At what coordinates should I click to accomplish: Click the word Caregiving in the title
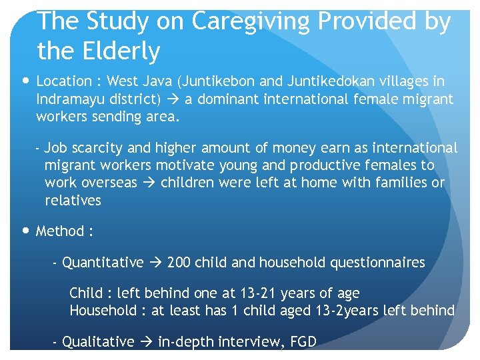click(252, 21)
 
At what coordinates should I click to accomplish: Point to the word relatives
click(73, 201)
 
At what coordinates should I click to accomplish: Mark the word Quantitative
click(103, 263)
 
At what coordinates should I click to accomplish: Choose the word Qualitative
click(98, 342)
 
